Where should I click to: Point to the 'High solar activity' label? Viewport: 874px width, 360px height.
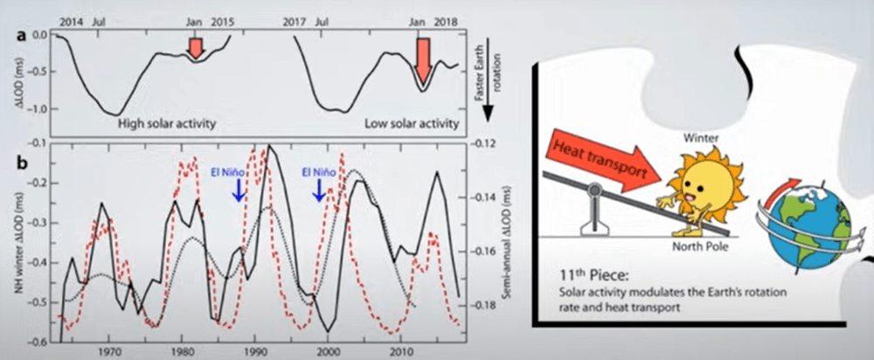(167, 123)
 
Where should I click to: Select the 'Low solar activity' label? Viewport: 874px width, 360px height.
(411, 123)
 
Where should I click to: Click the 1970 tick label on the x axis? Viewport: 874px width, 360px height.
(109, 351)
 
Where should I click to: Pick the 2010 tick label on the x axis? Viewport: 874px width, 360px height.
(400, 351)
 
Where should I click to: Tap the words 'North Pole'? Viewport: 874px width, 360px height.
(699, 246)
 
